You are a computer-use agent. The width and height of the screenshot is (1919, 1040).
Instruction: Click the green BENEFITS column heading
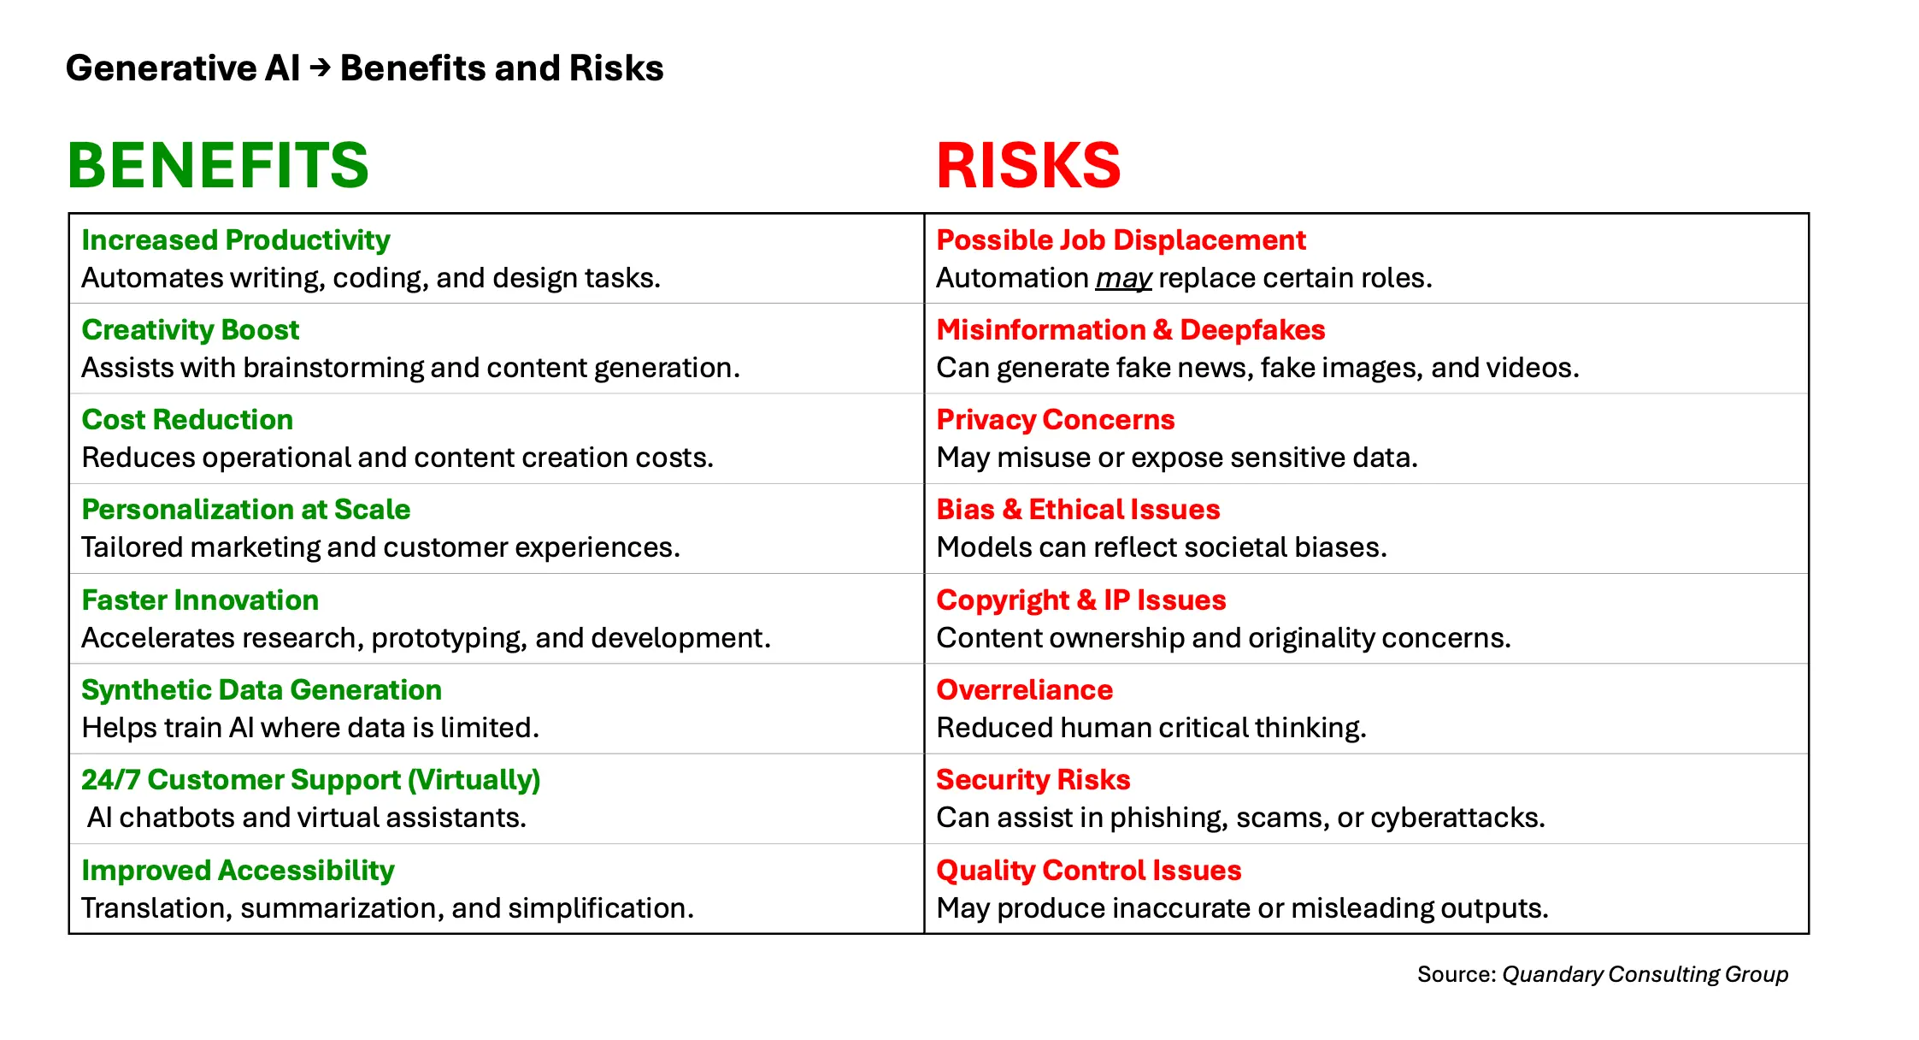[x=218, y=165]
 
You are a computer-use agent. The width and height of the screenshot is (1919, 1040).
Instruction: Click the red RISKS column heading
[x=1028, y=165]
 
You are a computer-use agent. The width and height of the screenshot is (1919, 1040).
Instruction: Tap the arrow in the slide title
[x=320, y=68]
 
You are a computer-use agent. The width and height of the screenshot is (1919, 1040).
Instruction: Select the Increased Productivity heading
[x=235, y=240]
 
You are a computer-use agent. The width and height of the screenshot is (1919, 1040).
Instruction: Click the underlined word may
[x=1123, y=279]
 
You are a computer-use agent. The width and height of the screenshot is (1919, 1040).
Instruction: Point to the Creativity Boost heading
[x=190, y=330]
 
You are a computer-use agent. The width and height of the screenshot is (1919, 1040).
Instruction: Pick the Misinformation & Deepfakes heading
[x=1130, y=330]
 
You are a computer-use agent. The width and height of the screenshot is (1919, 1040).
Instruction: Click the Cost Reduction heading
[x=187, y=420]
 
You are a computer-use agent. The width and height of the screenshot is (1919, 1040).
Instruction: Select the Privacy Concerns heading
[x=1055, y=420]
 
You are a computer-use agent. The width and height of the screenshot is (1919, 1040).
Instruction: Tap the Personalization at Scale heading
[x=245, y=510]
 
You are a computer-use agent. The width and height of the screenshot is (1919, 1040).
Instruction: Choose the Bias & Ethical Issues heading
[x=1078, y=510]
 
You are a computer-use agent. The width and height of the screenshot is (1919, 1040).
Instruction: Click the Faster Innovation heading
[x=200, y=600]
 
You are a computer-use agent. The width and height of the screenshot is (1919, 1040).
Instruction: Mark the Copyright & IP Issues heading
[x=1080, y=600]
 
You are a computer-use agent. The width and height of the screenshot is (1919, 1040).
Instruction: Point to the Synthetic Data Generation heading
[x=262, y=690]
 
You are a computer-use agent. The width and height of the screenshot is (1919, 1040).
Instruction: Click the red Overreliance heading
[x=1024, y=690]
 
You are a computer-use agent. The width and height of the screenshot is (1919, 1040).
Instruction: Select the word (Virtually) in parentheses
[x=474, y=780]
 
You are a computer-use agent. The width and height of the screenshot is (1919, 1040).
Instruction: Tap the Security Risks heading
[x=1033, y=780]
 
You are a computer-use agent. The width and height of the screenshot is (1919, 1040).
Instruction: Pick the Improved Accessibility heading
[x=238, y=871]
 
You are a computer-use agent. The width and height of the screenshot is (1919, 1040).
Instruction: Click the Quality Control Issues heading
[x=1088, y=871]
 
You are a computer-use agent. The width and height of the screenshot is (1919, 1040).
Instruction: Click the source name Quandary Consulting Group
[x=1645, y=974]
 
